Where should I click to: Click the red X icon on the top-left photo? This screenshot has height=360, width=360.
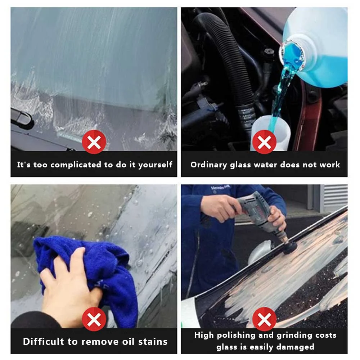pos(94,142)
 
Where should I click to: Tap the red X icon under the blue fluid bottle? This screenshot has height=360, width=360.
pos(264,142)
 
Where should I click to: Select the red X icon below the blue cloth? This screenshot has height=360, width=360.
pos(94,319)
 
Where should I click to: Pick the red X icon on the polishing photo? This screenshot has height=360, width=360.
pos(264,319)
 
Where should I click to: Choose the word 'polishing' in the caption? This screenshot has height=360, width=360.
pos(235,335)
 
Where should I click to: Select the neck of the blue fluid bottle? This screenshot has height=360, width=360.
pos(293,54)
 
